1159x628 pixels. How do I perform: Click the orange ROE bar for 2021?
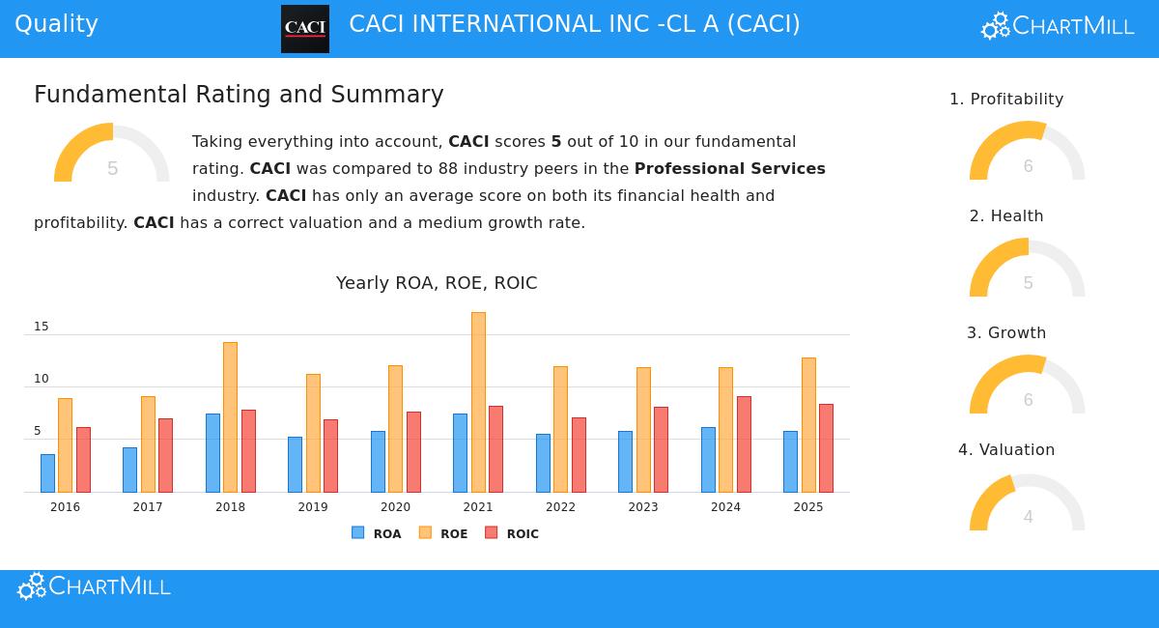coord(478,402)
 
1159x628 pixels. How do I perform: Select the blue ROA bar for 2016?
coord(47,473)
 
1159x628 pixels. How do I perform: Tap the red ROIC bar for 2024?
coord(744,444)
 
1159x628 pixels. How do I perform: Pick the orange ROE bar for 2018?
coord(230,417)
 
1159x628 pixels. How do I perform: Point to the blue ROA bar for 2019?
coord(295,465)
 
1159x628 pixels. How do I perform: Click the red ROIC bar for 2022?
coord(579,455)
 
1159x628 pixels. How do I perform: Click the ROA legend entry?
coord(377,533)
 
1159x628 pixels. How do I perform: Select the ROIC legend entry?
coord(512,533)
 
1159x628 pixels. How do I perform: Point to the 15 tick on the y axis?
coord(42,327)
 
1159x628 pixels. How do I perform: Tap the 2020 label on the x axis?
coord(395,507)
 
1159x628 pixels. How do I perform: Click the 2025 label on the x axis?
coord(808,507)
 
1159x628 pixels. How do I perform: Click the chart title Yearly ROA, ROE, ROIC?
coord(437,283)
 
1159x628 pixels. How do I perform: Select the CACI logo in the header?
coord(305,29)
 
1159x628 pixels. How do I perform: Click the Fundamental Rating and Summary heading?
coord(239,95)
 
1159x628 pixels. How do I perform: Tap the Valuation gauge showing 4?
coord(1028,504)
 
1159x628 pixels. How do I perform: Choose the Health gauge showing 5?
coord(1028,271)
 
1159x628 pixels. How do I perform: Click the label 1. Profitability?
coord(1006,100)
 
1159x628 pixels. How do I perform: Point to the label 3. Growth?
coord(1006,333)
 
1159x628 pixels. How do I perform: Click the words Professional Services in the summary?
coord(729,169)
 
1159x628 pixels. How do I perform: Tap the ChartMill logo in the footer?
coord(95,586)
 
